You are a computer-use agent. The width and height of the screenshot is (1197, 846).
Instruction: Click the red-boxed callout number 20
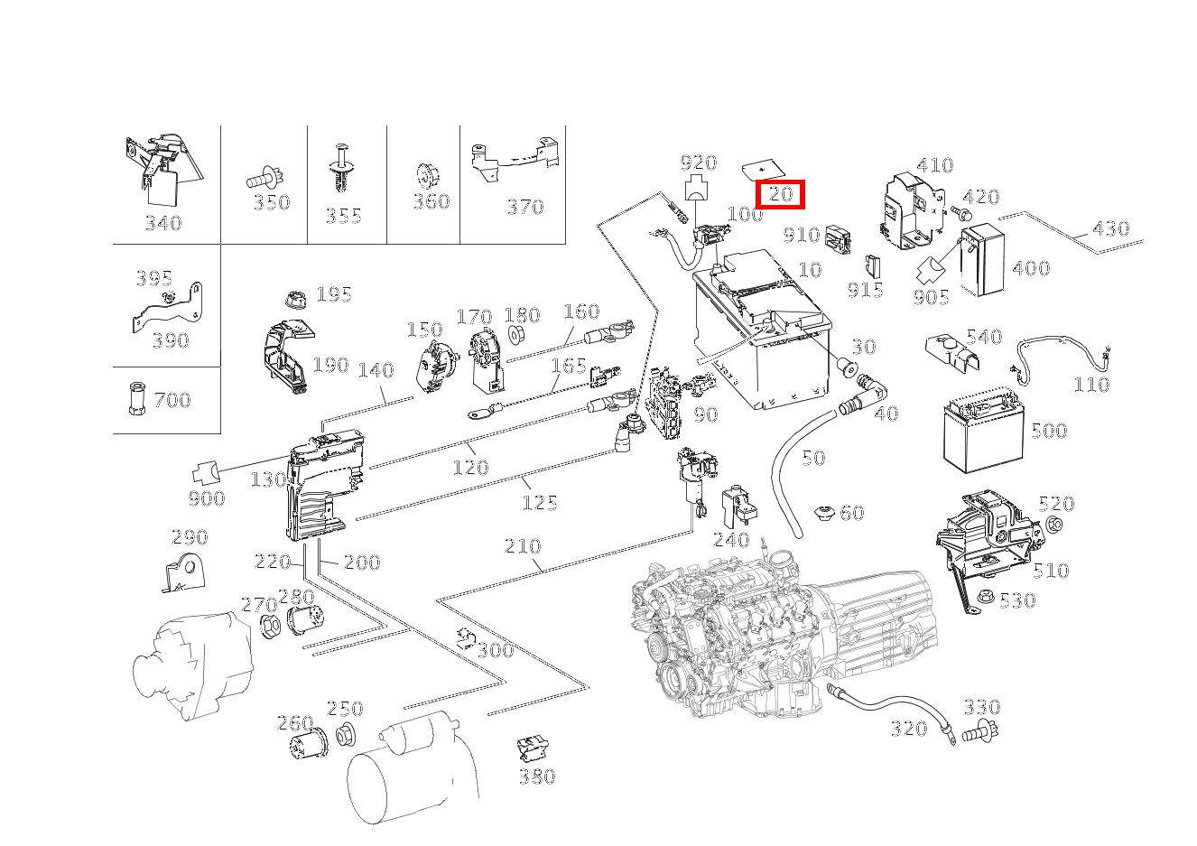click(x=780, y=193)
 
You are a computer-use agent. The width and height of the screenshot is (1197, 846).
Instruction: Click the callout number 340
click(x=163, y=223)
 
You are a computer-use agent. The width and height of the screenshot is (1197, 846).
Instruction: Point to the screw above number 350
click(x=264, y=178)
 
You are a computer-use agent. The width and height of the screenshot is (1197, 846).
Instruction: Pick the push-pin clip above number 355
click(x=342, y=168)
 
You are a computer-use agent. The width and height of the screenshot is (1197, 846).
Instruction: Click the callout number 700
click(x=172, y=399)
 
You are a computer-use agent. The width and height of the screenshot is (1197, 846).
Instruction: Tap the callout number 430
click(x=1110, y=228)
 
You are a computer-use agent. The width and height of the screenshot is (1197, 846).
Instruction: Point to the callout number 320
click(x=909, y=728)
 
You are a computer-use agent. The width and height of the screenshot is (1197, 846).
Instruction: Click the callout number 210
click(x=523, y=545)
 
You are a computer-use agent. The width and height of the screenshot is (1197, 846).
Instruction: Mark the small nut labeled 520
click(x=1057, y=526)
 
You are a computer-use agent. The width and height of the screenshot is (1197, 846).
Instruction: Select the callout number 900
click(x=207, y=498)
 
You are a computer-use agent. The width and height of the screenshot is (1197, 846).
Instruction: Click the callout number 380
click(x=537, y=776)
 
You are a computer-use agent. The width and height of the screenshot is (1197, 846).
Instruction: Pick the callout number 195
click(x=333, y=294)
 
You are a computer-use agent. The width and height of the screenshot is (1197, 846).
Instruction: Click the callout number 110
click(x=1091, y=385)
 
